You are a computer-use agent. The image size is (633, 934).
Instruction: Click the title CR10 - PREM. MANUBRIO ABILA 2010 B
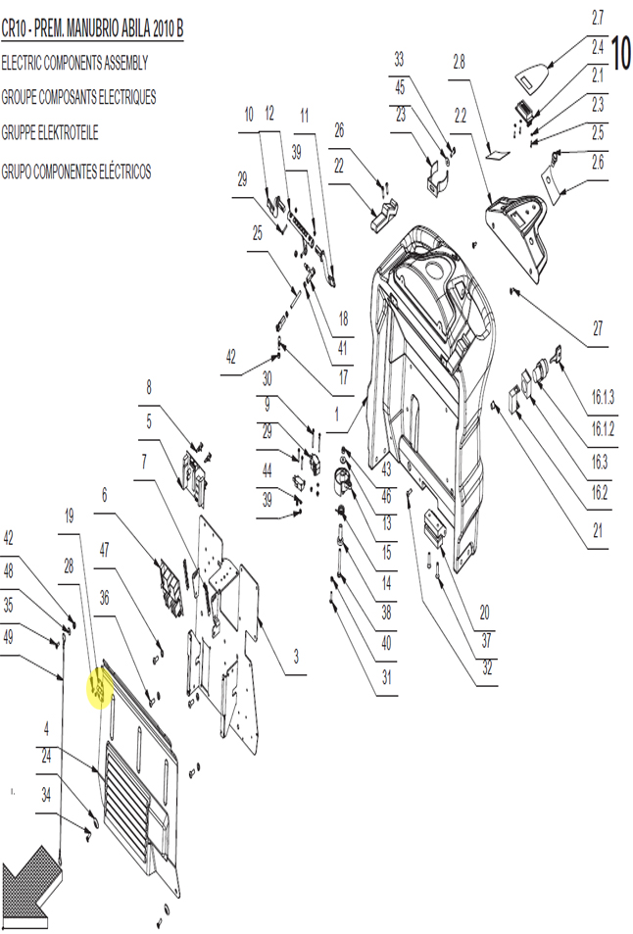92,29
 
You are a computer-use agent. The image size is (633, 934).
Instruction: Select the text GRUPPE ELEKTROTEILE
50,133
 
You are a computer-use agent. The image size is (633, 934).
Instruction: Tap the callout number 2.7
598,19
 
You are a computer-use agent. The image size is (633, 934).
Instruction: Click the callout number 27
598,328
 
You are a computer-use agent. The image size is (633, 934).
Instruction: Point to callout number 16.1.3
602,397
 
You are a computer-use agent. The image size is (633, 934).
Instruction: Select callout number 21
598,530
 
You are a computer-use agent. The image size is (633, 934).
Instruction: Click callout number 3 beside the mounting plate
295,657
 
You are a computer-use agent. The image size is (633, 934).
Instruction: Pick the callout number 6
105,495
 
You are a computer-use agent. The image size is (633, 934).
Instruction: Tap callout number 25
258,233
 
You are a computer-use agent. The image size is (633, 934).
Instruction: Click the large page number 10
620,54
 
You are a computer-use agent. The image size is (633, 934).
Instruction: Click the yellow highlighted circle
100,688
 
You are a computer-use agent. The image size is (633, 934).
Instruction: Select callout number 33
399,60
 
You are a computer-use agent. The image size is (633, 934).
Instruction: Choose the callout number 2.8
459,62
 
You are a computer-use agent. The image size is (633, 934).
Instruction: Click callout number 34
46,795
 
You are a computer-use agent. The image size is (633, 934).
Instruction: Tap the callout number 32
487,668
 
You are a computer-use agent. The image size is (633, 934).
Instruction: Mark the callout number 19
69,516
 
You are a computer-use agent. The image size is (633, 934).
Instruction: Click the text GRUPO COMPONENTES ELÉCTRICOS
76,172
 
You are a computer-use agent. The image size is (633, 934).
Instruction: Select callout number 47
104,550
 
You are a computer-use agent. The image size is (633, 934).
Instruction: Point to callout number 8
149,388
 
